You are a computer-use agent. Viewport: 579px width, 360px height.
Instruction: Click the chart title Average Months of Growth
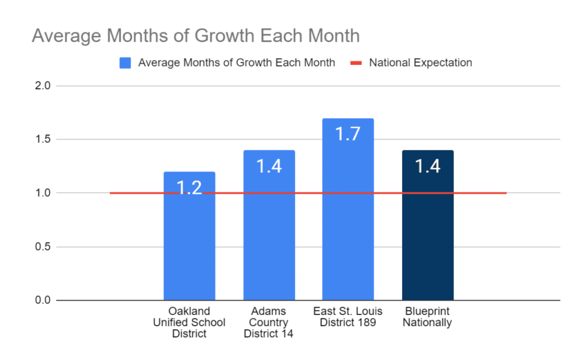click(x=196, y=36)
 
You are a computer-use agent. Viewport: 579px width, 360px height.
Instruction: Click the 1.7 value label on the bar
click(x=348, y=134)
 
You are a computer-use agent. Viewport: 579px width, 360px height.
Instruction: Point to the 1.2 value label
click(x=189, y=188)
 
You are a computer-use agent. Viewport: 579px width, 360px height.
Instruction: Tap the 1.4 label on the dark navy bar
click(x=427, y=166)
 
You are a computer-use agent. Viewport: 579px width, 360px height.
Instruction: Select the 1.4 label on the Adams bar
click(x=269, y=166)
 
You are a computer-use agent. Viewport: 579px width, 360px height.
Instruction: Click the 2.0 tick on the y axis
click(x=43, y=86)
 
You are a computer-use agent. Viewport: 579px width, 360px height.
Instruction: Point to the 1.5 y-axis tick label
click(x=43, y=140)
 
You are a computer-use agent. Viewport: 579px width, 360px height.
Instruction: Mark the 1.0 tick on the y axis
click(x=43, y=193)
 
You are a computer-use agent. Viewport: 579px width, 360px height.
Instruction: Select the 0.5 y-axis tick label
click(x=43, y=247)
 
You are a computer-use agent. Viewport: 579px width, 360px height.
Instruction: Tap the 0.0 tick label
click(x=43, y=300)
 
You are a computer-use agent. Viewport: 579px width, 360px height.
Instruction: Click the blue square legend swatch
click(x=125, y=63)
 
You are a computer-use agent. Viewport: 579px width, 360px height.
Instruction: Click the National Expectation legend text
click(x=420, y=63)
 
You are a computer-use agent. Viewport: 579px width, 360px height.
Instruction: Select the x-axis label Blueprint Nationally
click(x=427, y=317)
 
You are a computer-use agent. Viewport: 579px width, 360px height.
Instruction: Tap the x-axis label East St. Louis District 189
click(x=348, y=317)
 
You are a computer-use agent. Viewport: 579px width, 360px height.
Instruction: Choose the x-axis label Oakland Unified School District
click(x=189, y=322)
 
